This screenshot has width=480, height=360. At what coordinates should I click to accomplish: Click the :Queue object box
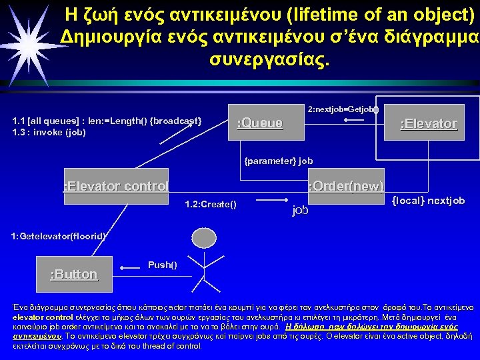[x=261, y=123]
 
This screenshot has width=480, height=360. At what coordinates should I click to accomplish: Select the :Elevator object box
[x=427, y=123]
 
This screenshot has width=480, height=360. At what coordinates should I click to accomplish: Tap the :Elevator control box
[x=114, y=185]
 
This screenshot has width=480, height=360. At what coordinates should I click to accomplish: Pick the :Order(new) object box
[x=346, y=185]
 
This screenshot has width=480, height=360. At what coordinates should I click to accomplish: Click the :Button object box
[x=74, y=274]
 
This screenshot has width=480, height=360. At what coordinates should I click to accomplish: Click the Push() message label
[x=162, y=265]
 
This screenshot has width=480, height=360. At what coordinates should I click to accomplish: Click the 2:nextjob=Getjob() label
[x=343, y=108]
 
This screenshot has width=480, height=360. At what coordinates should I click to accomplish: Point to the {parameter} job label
[x=278, y=161]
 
